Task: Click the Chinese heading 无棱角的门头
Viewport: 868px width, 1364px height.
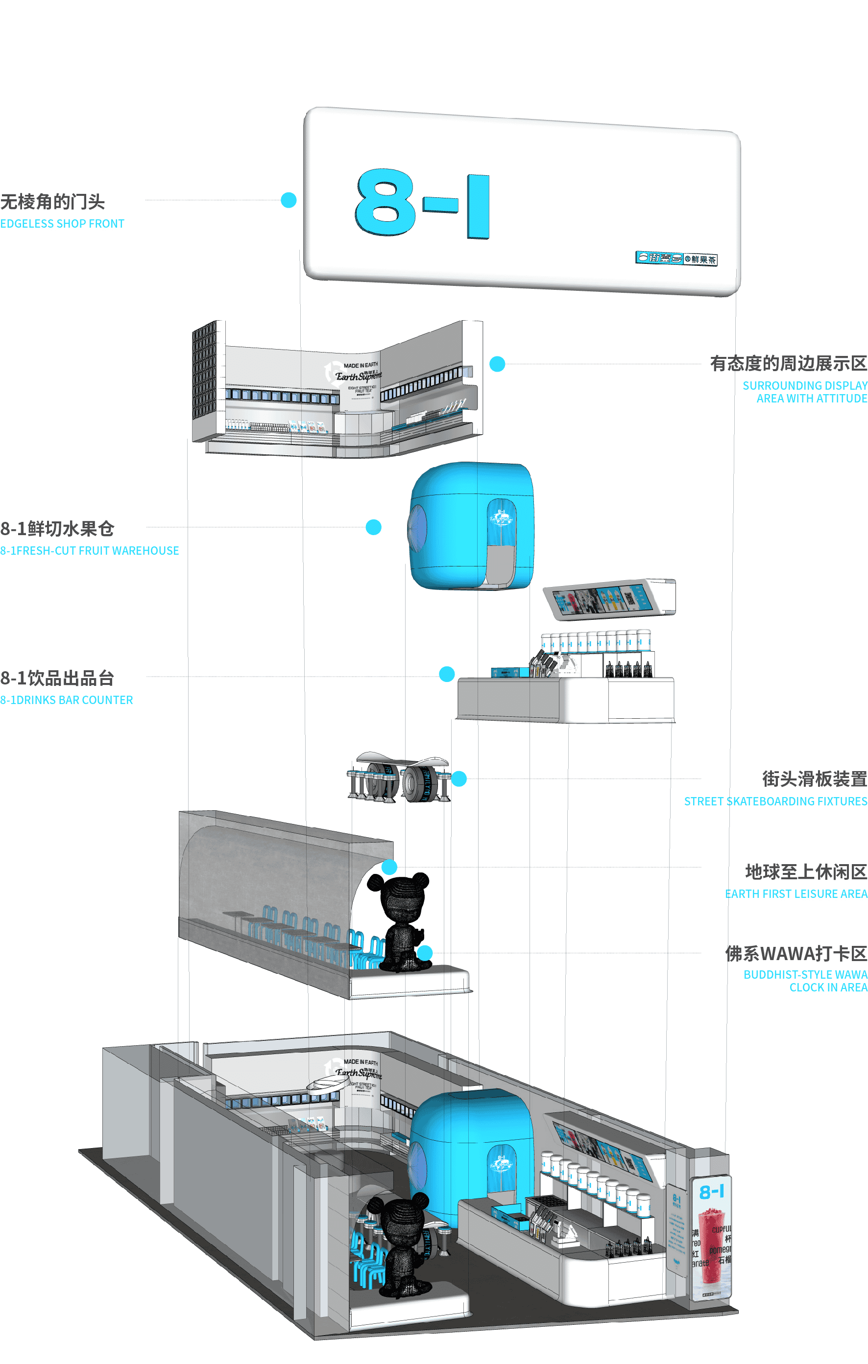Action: (x=53, y=202)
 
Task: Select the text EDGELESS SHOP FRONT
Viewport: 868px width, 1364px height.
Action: (x=62, y=224)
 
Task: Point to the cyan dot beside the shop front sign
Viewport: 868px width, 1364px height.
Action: (x=289, y=200)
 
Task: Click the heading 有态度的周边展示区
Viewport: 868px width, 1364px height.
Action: (x=788, y=364)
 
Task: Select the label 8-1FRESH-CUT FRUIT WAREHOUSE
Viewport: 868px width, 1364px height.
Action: (x=90, y=551)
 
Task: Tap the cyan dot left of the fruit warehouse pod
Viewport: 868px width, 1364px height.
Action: (x=373, y=527)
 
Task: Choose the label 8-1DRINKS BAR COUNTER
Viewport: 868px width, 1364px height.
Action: (x=66, y=700)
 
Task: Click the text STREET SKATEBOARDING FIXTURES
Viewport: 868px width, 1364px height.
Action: (x=775, y=801)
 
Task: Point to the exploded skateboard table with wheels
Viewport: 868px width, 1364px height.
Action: (x=399, y=777)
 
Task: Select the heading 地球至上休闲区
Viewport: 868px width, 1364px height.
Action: (x=806, y=872)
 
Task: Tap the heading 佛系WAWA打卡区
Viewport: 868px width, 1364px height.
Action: (x=796, y=953)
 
